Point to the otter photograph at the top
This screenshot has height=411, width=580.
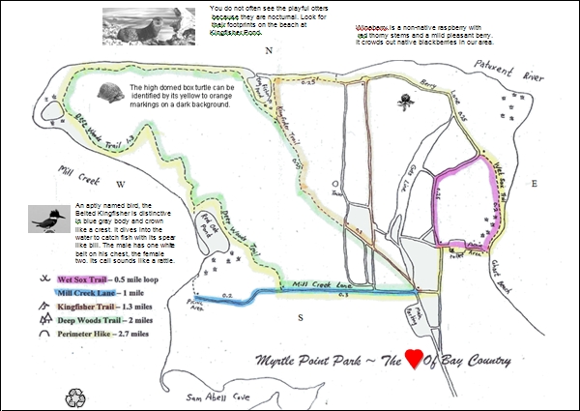coord(150,25)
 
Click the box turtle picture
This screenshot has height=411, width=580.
coord(111,94)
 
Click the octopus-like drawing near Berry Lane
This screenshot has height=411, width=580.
coord(404,100)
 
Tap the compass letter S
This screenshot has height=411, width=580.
coord(301,317)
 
